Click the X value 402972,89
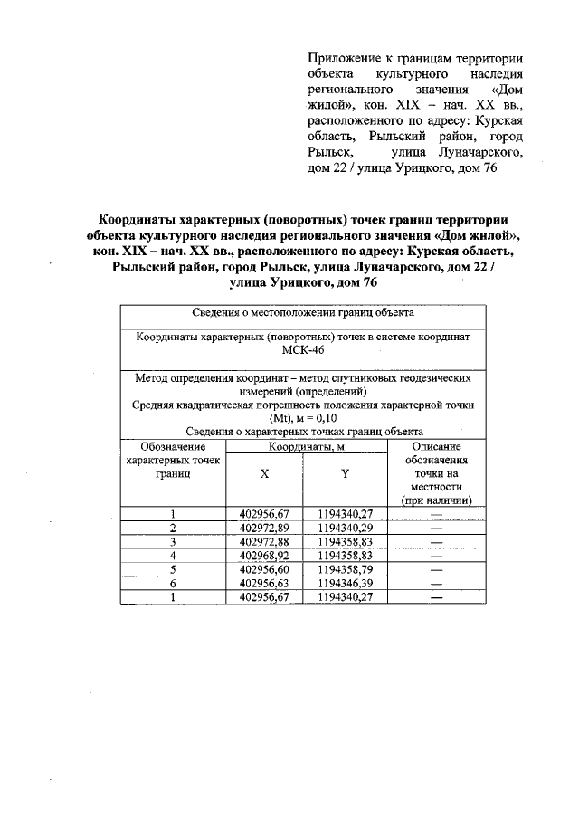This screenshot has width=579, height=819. coord(264,528)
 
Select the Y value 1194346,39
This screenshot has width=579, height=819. coord(345,583)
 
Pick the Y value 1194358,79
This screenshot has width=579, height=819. coord(345,569)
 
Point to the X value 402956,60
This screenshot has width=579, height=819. coord(264,569)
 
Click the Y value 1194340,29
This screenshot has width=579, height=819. coord(345,528)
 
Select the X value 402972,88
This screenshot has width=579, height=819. coord(264,541)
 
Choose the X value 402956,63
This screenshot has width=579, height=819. coord(264,583)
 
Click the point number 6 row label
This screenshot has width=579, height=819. coord(172,584)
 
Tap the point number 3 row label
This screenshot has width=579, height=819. coord(172,542)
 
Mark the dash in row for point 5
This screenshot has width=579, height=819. coord(437,570)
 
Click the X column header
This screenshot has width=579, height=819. coord(264,473)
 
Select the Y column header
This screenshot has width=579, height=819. coord(345,473)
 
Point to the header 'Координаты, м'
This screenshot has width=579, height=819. coord(304,446)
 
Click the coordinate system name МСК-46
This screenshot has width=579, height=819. coord(304,350)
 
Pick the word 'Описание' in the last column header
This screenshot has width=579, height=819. coord(436,446)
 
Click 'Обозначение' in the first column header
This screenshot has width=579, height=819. coord(173,446)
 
